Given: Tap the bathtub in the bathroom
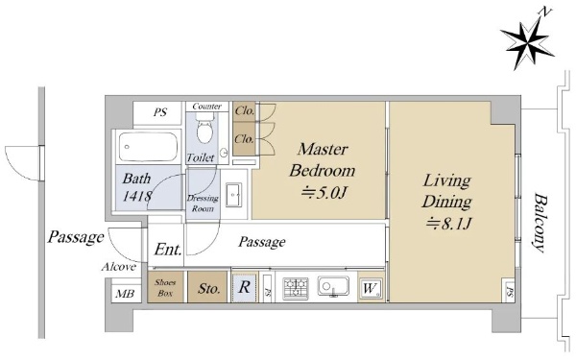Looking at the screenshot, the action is [x=148, y=147].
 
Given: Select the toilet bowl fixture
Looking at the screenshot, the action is [x=205, y=128].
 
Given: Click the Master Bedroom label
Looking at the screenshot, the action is [x=323, y=159].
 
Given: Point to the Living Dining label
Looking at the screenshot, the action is [x=446, y=191].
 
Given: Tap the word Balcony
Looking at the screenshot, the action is [x=540, y=223].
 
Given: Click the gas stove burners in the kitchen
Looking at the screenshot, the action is [x=296, y=288].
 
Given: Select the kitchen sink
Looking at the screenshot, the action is [x=333, y=286].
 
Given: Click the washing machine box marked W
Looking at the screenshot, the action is [x=371, y=289].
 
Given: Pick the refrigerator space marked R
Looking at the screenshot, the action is [x=244, y=287].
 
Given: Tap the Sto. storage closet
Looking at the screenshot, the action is [x=207, y=287].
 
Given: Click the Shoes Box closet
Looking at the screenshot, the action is [x=165, y=287].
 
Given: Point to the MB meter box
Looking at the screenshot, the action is [x=125, y=294].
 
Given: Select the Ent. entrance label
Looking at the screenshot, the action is [x=168, y=250].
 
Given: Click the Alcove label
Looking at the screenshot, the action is [x=119, y=267].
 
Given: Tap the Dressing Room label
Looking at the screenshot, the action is [x=203, y=204].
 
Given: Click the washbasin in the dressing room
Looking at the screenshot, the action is [x=233, y=195].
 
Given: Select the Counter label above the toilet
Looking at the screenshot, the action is [x=206, y=107].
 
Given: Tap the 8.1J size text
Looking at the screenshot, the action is [x=448, y=223].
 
